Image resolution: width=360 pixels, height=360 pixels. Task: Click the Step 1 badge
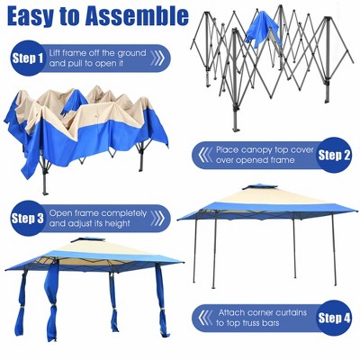click(x=27, y=59)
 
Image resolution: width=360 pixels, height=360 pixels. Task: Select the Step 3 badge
click(x=27, y=218)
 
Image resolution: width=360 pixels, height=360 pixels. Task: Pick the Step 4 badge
click(x=334, y=317)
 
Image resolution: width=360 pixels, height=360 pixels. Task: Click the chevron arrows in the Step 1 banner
click(x=157, y=59)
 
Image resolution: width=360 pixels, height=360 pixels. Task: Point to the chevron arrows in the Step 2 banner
click(x=204, y=154)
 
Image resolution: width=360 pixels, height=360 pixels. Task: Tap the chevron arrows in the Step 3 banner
click(x=157, y=218)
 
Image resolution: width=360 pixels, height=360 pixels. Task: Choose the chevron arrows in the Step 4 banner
click(x=204, y=317)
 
